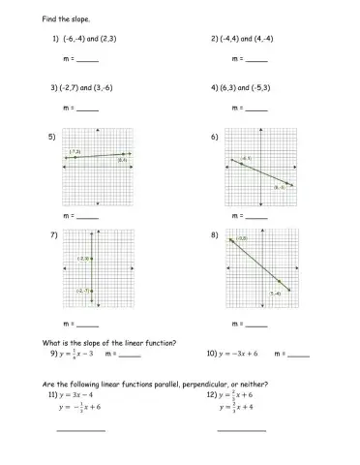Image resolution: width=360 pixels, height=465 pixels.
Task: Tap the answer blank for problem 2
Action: (x=255, y=60)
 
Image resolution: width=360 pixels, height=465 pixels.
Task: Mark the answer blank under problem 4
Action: (x=255, y=108)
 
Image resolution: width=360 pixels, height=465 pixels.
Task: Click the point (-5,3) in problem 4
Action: (x=258, y=87)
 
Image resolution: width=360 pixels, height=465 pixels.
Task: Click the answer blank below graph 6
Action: (x=255, y=215)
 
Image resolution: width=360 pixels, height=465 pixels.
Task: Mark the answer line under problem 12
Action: (x=241, y=430)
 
